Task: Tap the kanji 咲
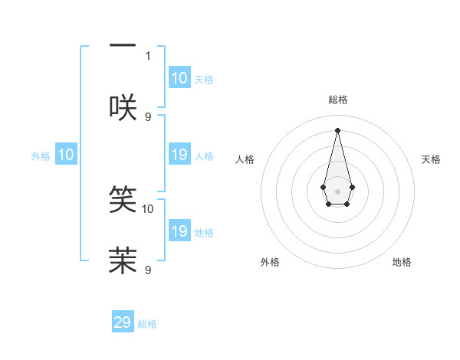tap(123, 107)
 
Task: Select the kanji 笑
tap(123, 198)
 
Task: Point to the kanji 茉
tap(123, 260)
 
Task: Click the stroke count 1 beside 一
tap(148, 55)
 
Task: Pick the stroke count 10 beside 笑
tap(148, 208)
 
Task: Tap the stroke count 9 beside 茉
tap(148, 270)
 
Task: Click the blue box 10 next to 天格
tap(179, 78)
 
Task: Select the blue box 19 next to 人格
tap(179, 155)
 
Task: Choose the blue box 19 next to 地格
tap(179, 232)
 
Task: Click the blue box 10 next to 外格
tap(66, 155)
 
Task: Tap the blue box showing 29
tap(123, 322)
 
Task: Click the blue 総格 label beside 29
tap(147, 324)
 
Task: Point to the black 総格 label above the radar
tap(337, 100)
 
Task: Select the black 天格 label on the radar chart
tap(432, 159)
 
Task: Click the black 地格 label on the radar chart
tap(402, 262)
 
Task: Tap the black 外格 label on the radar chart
tap(270, 262)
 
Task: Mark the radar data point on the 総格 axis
tap(337, 129)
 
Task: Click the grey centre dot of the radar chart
tap(337, 191)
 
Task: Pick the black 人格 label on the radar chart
tap(245, 159)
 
